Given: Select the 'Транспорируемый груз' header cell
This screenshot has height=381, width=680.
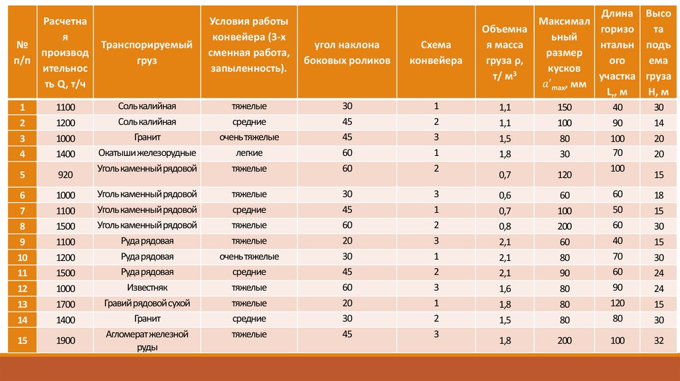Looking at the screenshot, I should [x=147, y=52].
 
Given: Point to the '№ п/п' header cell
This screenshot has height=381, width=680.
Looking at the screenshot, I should [x=22, y=52].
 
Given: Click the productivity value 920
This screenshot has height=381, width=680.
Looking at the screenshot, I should [x=65, y=175].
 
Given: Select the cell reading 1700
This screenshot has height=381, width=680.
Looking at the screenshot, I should [x=65, y=304].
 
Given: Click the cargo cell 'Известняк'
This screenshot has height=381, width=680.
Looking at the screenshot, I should [x=147, y=287].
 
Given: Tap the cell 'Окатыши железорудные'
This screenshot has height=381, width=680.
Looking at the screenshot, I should [x=147, y=153].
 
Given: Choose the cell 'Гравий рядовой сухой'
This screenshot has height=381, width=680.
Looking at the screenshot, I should [x=147, y=303].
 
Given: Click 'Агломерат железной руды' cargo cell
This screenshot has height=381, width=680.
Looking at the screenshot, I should [x=147, y=340].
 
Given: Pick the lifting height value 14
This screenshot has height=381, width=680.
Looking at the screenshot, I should [x=659, y=123].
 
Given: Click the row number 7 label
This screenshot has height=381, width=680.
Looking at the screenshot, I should [x=22, y=210].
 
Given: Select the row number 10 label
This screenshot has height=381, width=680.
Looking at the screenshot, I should [x=22, y=257].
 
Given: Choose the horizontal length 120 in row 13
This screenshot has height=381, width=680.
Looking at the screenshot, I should [x=618, y=303].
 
